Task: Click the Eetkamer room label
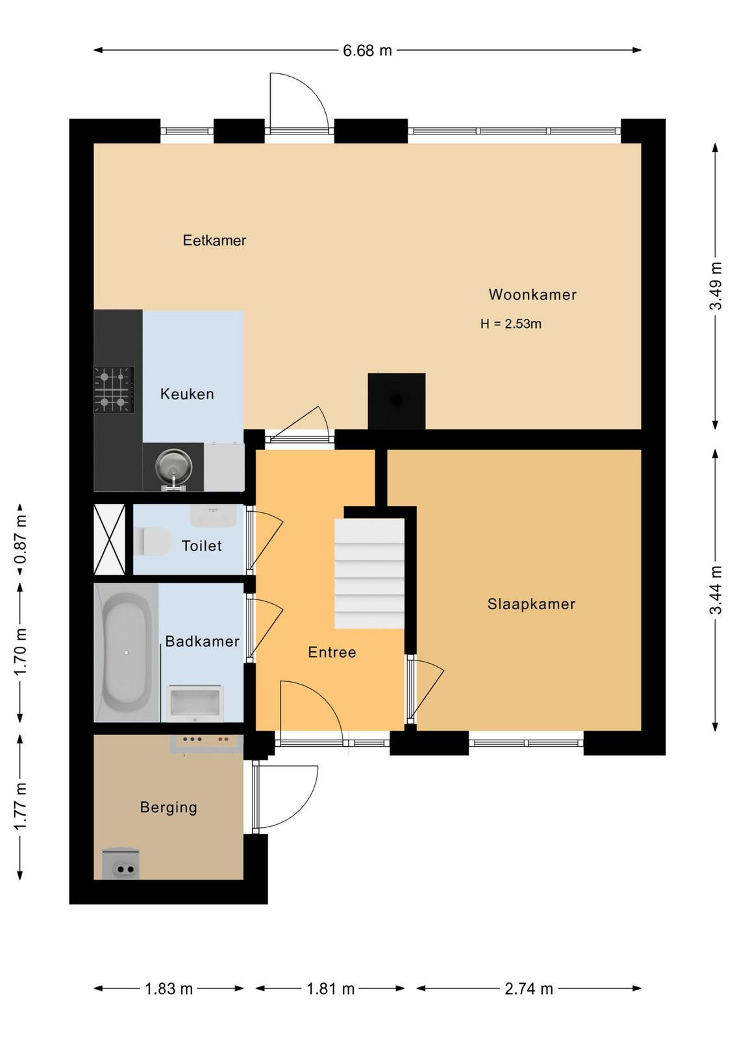pyautogui.click(x=214, y=240)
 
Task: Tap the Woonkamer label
pyautogui.click(x=532, y=295)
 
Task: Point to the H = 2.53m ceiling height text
pyautogui.click(x=510, y=324)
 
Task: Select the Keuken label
pyautogui.click(x=187, y=394)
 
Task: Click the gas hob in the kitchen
pyautogui.click(x=114, y=390)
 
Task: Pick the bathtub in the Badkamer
pyautogui.click(x=126, y=652)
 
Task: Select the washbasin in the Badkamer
pyautogui.click(x=195, y=703)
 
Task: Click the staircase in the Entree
pyautogui.click(x=369, y=573)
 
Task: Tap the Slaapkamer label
pyautogui.click(x=531, y=604)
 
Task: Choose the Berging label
pyautogui.click(x=168, y=808)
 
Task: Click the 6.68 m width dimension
pyautogui.click(x=367, y=50)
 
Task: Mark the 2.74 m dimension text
pyautogui.click(x=529, y=989)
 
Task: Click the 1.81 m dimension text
pyautogui.click(x=330, y=989)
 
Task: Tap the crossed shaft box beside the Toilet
pyautogui.click(x=110, y=540)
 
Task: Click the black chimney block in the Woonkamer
pyautogui.click(x=397, y=401)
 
